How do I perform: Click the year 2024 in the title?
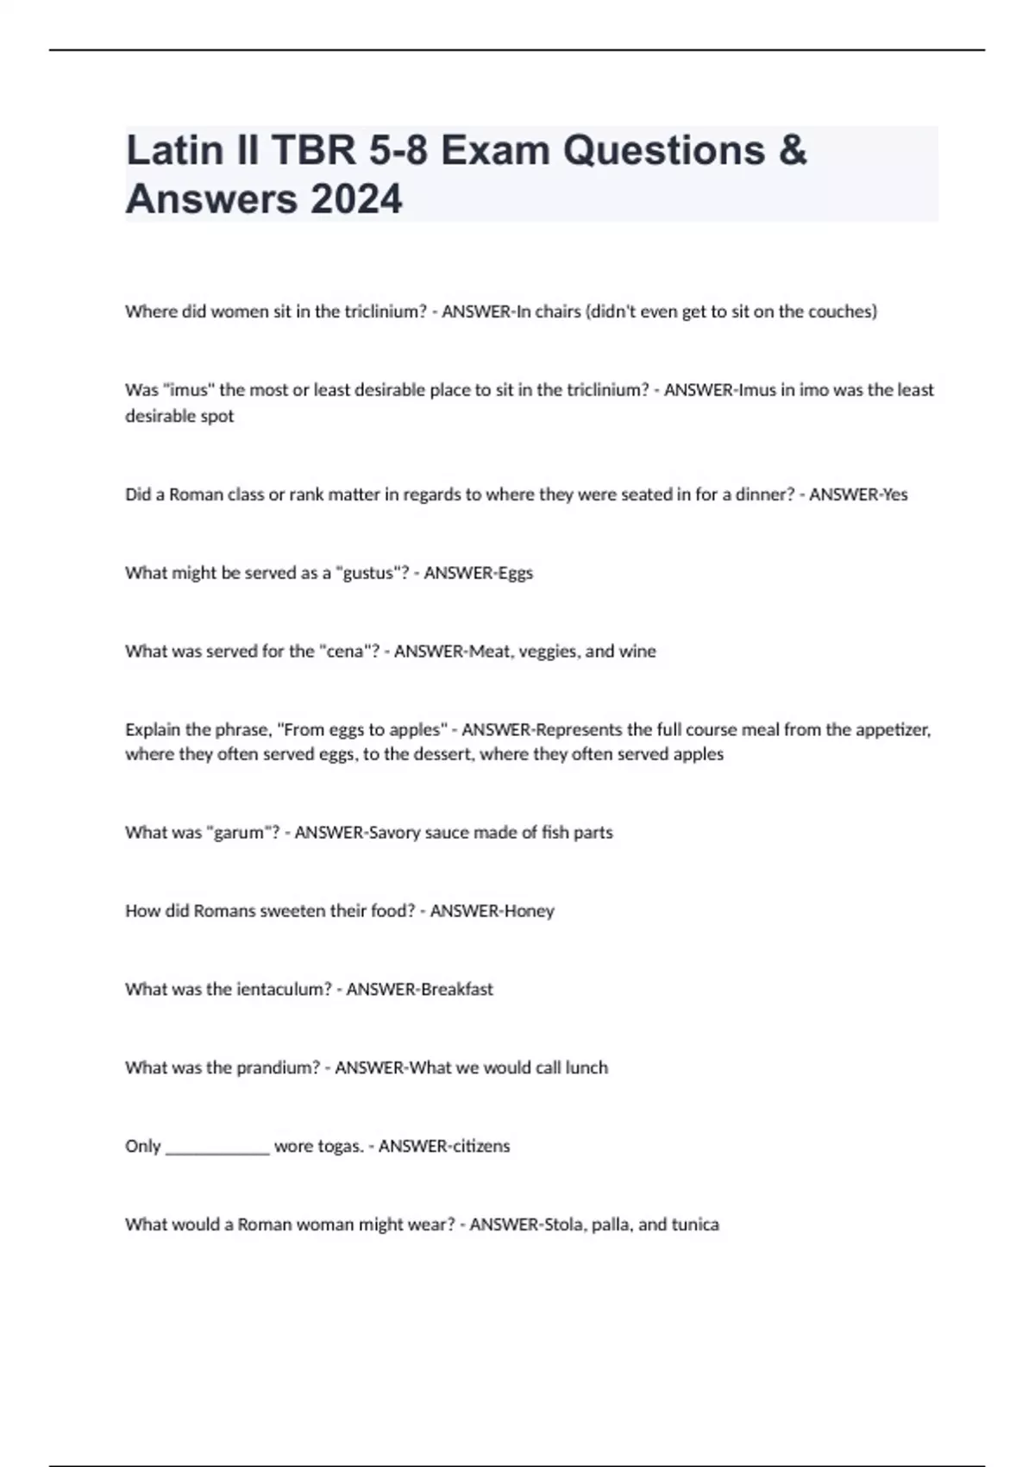click(x=355, y=199)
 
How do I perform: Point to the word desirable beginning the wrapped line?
click(x=179, y=416)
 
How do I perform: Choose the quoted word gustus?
click(x=369, y=573)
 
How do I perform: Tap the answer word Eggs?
click(x=515, y=573)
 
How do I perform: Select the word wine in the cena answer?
click(x=637, y=652)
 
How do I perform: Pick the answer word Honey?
click(x=529, y=910)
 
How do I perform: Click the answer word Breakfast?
click(x=456, y=989)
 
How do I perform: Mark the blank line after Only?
click(x=217, y=1149)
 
